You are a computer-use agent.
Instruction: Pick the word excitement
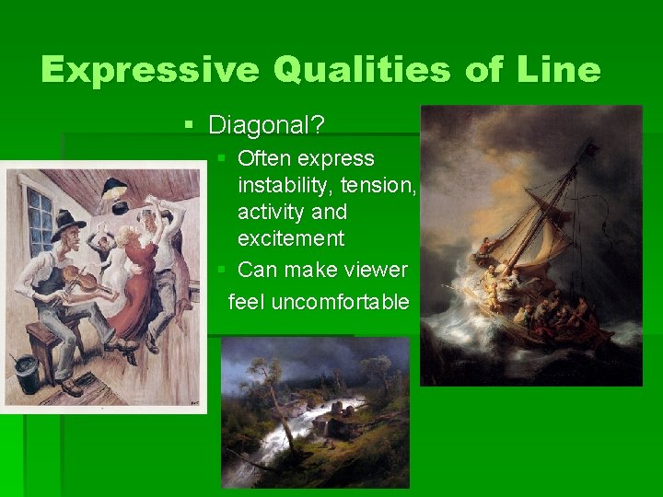point(290,239)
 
